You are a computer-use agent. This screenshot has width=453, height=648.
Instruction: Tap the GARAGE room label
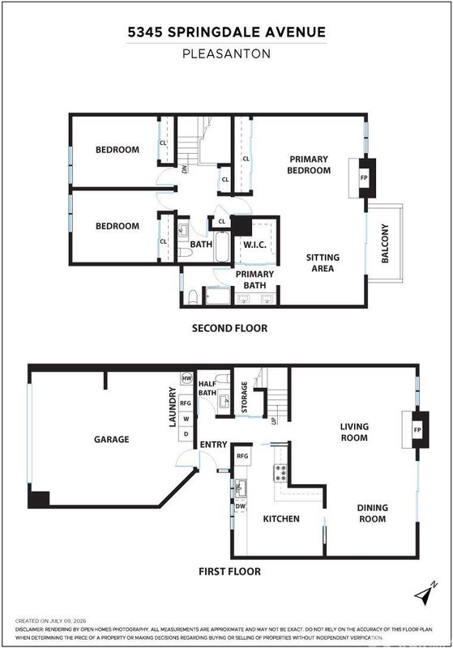pyautogui.click(x=112, y=439)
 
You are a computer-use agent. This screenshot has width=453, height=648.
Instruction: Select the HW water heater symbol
pyautogui.click(x=187, y=378)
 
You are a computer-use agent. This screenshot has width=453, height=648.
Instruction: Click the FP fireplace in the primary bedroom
pyautogui.click(x=364, y=178)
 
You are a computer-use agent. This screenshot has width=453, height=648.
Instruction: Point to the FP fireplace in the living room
pyautogui.click(x=417, y=430)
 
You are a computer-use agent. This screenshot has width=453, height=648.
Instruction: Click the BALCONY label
pyautogui.click(x=385, y=244)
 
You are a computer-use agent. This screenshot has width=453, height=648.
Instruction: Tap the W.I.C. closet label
pyautogui.click(x=254, y=245)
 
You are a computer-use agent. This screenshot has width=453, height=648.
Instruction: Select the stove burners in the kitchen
pyautogui.click(x=280, y=473)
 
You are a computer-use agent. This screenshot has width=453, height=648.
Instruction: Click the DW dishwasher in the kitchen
pyautogui.click(x=241, y=506)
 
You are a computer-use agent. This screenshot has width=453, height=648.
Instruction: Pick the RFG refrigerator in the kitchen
pyautogui.click(x=242, y=456)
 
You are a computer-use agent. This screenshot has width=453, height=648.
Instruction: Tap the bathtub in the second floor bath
pyautogui.click(x=222, y=247)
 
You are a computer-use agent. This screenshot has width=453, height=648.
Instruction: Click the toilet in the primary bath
pyautogui.click(x=193, y=297)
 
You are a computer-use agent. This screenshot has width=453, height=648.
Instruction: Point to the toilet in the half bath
pyautogui.click(x=223, y=378)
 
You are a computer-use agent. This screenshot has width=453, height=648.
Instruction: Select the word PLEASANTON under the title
pyautogui.click(x=227, y=53)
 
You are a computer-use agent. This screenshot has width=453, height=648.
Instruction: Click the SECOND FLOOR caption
pyautogui.click(x=230, y=328)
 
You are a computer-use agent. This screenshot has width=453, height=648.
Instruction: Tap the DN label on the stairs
pyautogui.click(x=185, y=168)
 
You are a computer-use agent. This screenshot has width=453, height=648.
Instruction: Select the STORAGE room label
pyautogui.click(x=244, y=397)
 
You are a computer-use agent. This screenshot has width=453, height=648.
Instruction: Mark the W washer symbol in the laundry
pyautogui.click(x=186, y=419)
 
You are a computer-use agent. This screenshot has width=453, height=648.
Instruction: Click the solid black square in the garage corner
pyautogui.click(x=39, y=499)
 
